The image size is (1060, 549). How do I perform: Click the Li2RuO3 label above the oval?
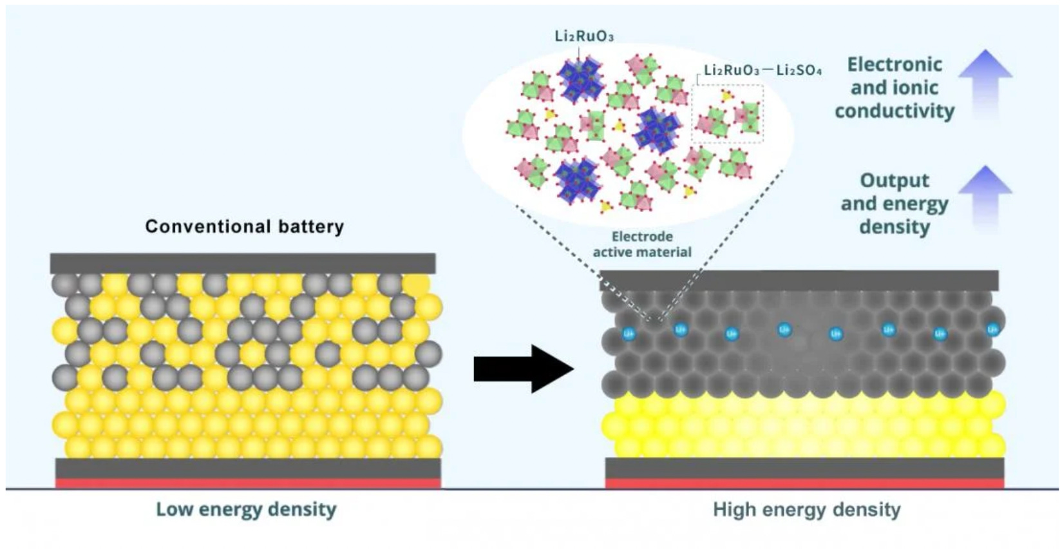click(x=584, y=36)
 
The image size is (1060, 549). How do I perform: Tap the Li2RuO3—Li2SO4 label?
click(x=762, y=70)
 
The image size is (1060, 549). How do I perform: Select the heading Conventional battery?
click(x=244, y=227)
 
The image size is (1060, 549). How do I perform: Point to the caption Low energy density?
click(x=246, y=510)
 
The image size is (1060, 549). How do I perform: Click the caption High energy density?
click(x=806, y=510)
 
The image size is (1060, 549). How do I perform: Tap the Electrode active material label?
click(x=642, y=244)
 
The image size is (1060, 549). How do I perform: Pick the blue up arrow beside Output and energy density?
click(x=985, y=197)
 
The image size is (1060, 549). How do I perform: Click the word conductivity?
click(x=894, y=111)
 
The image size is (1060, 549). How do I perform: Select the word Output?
click(x=894, y=180)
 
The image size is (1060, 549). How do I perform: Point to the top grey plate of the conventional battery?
click(x=243, y=263)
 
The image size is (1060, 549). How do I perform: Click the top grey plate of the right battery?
click(x=799, y=280)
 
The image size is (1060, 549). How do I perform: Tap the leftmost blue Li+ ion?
click(x=629, y=334)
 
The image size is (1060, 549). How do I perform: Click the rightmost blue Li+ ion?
click(x=992, y=329)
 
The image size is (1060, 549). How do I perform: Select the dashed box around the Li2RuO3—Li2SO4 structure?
click(x=728, y=113)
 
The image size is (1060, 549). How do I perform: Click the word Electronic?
click(x=894, y=64)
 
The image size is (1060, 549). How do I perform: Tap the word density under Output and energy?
click(x=894, y=227)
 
